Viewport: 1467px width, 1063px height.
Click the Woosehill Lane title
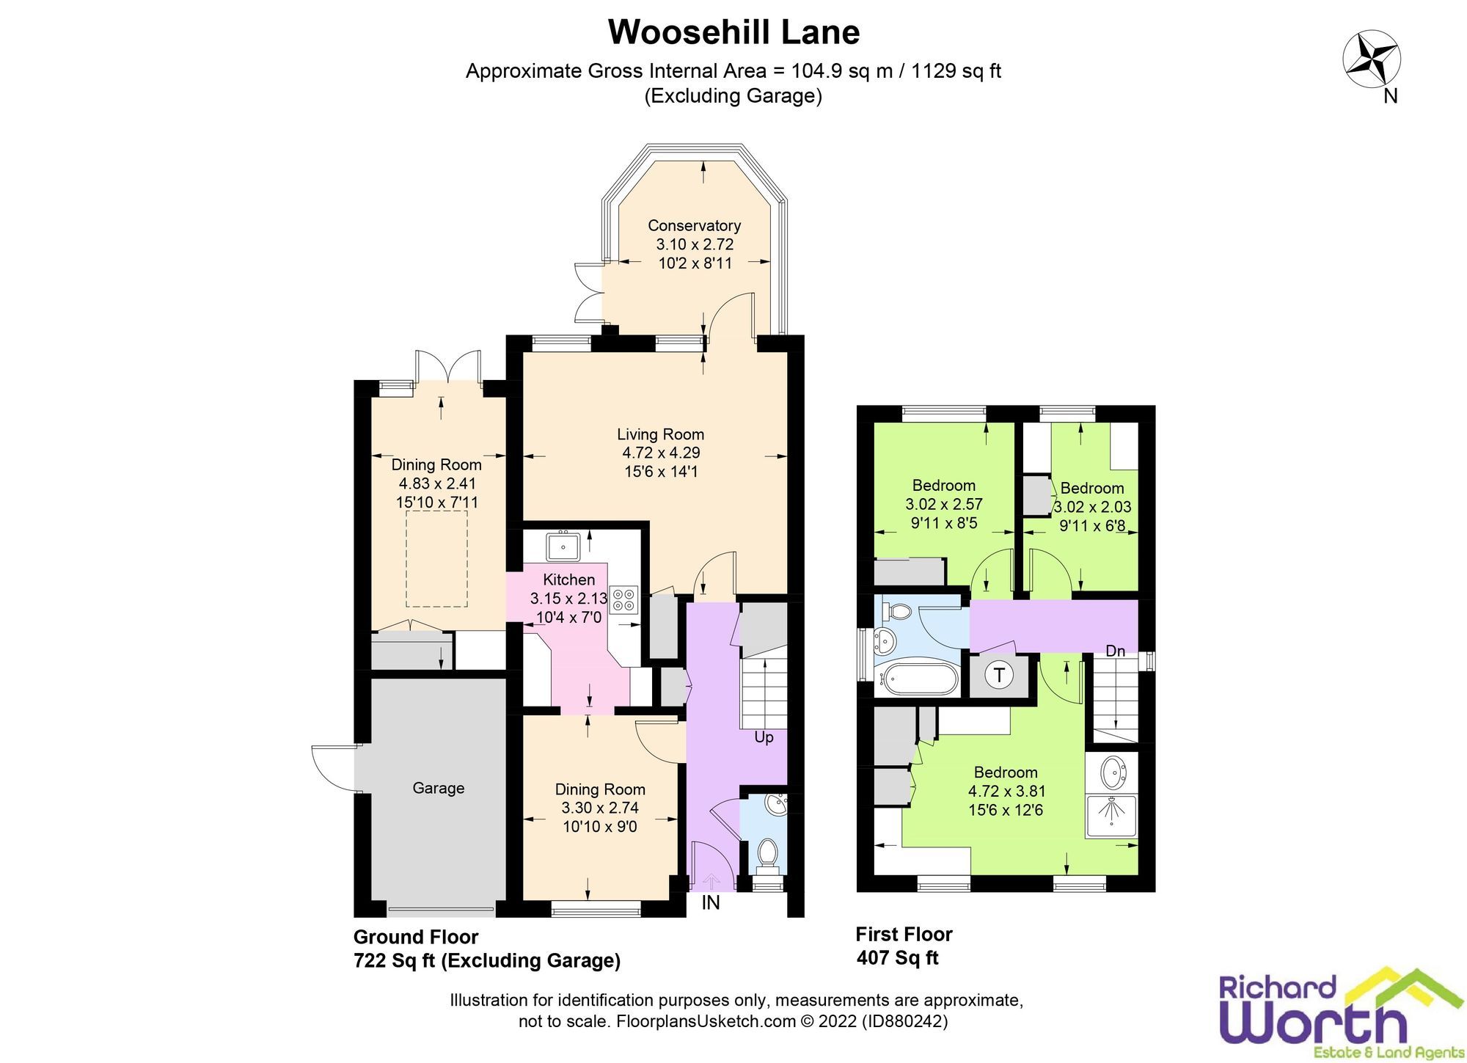(733, 32)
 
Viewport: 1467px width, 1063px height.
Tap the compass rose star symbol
(1371, 59)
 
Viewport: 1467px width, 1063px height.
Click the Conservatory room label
(694, 226)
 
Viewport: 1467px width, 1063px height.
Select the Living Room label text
(660, 434)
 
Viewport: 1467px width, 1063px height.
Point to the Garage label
(438, 788)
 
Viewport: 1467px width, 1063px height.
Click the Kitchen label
(568, 580)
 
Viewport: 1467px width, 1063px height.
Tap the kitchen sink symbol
(563, 546)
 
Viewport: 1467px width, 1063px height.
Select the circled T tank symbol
(998, 675)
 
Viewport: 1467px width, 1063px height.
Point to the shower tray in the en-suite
(1111, 817)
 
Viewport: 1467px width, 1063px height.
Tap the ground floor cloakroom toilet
(768, 855)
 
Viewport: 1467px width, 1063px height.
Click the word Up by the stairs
(764, 737)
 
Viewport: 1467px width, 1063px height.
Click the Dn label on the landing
(1115, 651)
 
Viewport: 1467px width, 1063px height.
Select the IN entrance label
(710, 903)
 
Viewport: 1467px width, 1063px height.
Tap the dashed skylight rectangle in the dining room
(436, 559)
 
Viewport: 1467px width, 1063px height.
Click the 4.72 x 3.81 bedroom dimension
(1006, 791)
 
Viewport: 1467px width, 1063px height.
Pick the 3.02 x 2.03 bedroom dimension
(1092, 507)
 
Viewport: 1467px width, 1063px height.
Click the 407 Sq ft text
(897, 958)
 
